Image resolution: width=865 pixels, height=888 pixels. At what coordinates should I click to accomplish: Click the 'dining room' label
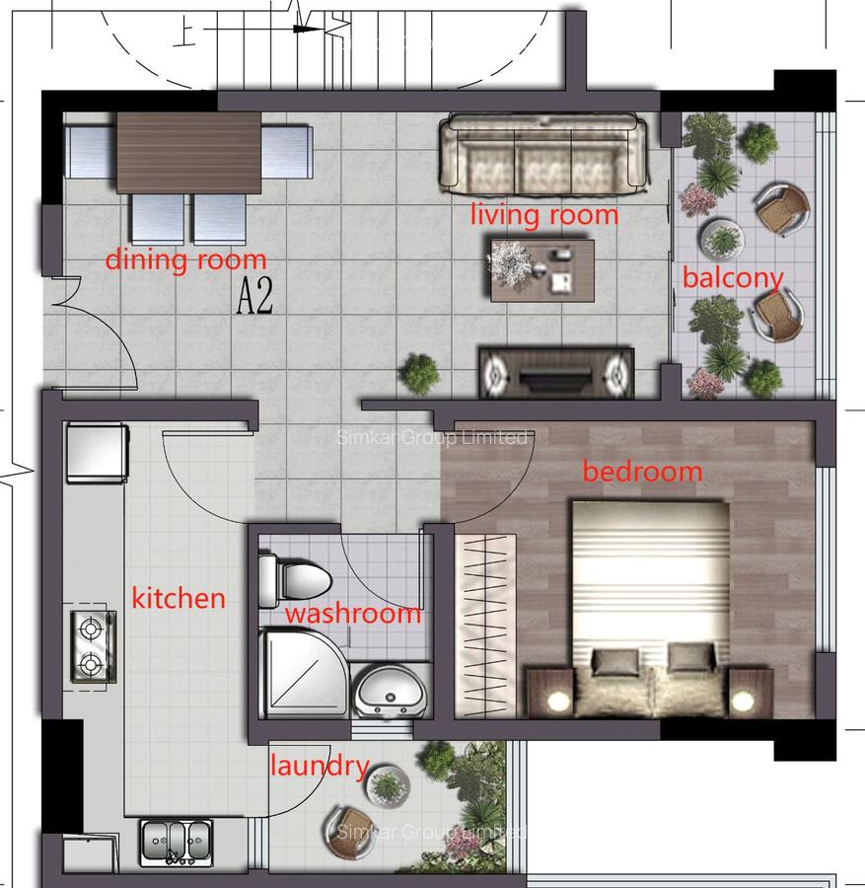pos(185,260)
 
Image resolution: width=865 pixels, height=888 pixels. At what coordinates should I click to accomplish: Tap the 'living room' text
pos(543,214)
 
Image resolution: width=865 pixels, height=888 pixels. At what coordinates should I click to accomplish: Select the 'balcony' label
pos(732,278)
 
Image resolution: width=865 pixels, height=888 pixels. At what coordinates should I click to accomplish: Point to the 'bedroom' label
pos(642,472)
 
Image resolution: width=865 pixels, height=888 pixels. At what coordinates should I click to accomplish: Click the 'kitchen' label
pos(179,597)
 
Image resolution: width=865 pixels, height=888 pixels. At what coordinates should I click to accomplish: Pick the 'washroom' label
pos(353,614)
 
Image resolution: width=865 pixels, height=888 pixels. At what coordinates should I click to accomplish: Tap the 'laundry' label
pos(319,766)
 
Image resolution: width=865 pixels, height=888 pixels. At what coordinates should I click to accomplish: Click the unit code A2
pos(254,297)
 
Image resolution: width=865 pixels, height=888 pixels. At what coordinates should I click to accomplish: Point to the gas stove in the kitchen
pos(92,646)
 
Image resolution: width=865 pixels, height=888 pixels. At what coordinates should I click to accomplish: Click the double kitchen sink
pos(176,842)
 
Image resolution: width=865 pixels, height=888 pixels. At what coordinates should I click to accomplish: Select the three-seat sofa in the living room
pos(544,154)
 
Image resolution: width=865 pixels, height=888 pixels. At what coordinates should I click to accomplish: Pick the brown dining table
pos(188,153)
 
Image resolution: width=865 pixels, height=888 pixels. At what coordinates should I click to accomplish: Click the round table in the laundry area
pos(387,785)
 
